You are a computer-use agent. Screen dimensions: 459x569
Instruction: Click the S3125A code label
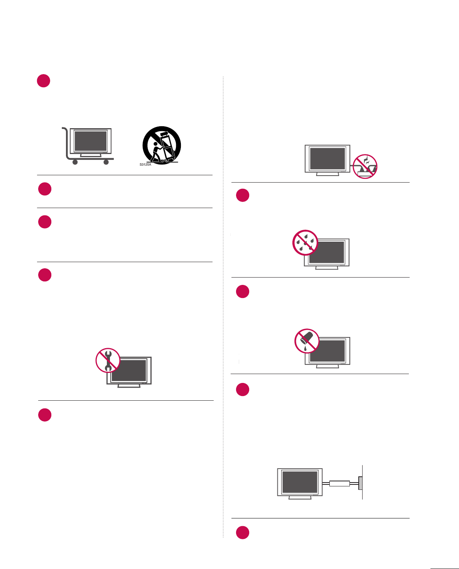145,164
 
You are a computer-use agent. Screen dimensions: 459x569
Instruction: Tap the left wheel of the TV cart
75,162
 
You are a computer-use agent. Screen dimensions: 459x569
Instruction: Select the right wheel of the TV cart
106,162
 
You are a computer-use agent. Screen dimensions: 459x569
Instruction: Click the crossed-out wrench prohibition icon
108,360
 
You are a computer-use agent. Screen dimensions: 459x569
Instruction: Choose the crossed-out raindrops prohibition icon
305,243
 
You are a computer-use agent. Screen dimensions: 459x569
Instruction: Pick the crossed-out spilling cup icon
307,341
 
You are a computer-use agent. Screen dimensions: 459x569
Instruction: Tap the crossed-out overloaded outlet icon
365,166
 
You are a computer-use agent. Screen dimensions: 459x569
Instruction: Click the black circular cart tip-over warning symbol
162,145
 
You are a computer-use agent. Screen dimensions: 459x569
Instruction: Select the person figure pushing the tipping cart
156,151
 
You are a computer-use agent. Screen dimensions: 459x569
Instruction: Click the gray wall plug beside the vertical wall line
360,483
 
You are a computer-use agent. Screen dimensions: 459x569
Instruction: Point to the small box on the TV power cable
339,483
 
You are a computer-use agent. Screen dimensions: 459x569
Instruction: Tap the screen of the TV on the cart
91,141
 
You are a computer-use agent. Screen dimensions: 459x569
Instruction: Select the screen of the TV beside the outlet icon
327,158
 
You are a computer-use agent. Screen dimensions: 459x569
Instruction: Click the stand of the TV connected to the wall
300,498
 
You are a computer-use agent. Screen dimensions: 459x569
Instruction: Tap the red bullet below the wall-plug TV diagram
243,532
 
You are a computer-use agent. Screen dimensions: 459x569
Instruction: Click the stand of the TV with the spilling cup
327,366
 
